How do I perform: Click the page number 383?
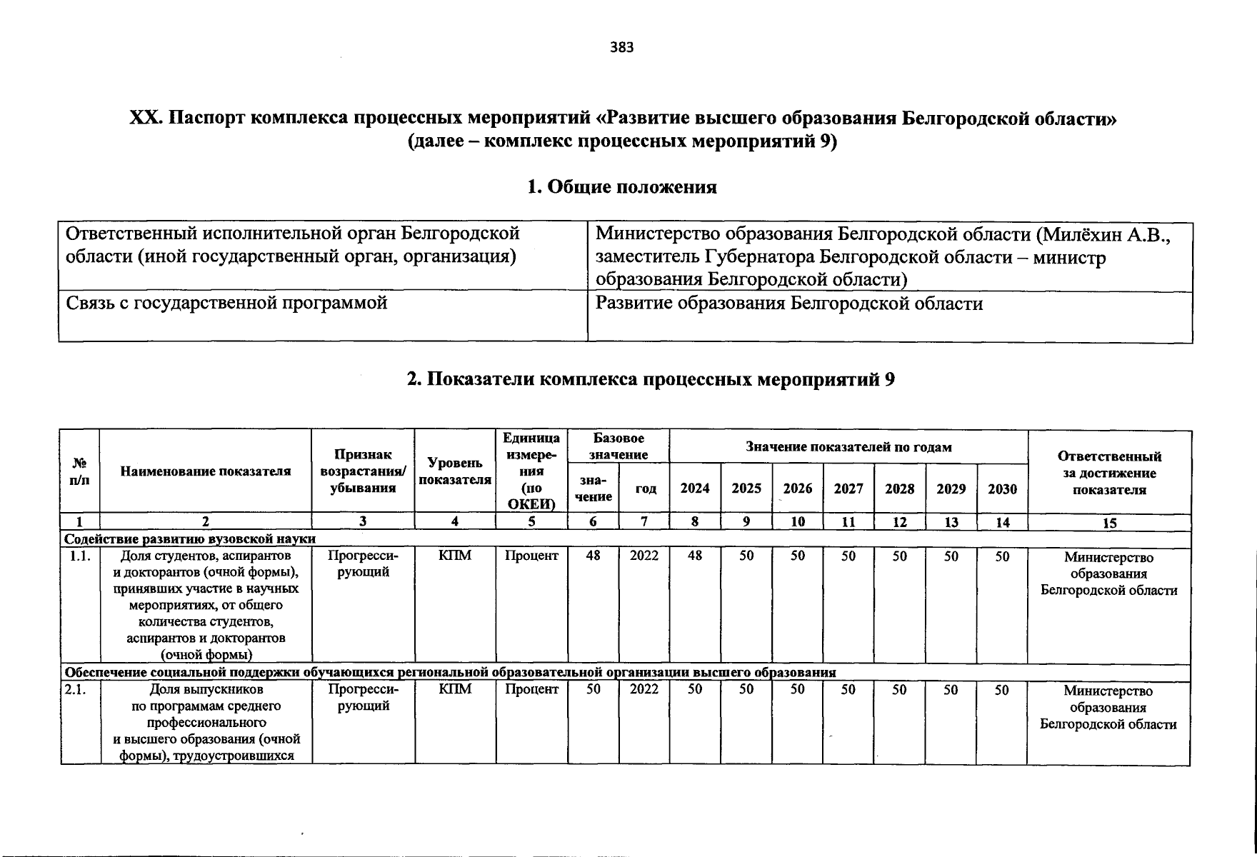click(x=622, y=48)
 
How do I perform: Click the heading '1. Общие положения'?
click(x=621, y=187)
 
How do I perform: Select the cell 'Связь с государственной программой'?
click(x=226, y=303)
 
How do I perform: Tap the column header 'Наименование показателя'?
click(x=206, y=471)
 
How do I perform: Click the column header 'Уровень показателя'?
click(x=455, y=471)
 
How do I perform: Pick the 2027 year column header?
click(x=848, y=488)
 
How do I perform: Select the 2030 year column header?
click(x=1002, y=488)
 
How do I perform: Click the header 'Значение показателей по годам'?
click(x=848, y=447)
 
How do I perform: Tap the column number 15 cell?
click(x=1108, y=523)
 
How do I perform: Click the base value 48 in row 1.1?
click(x=593, y=556)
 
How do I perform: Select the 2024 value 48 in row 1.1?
click(x=695, y=556)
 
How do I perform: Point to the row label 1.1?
click(x=80, y=556)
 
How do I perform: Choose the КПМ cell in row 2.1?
click(x=455, y=690)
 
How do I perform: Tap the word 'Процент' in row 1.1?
click(x=531, y=556)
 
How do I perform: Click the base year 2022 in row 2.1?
click(x=644, y=690)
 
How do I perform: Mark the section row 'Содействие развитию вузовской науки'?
click(x=190, y=538)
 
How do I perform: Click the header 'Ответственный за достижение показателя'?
click(x=1108, y=472)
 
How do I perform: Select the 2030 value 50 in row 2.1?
click(x=1002, y=690)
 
